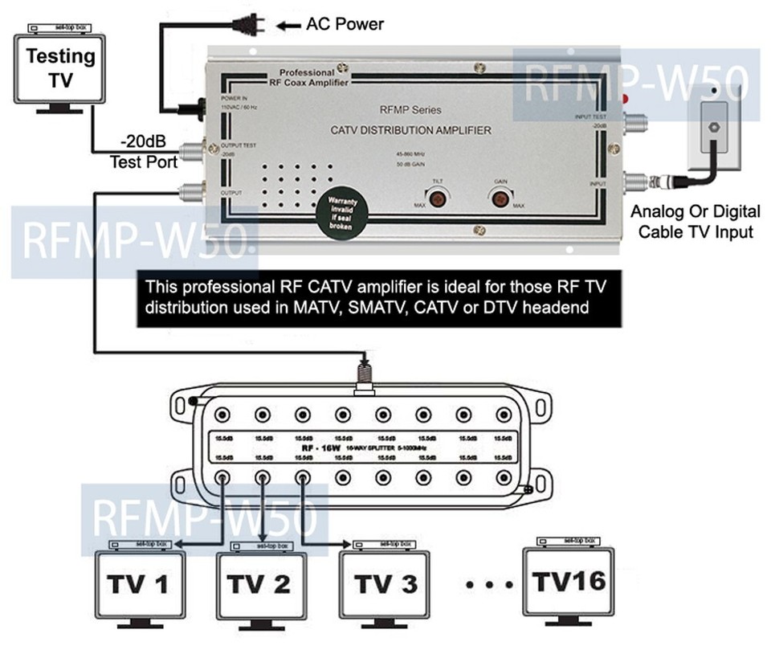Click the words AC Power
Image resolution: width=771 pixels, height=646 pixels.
click(x=345, y=24)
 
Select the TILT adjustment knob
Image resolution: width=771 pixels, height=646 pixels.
click(x=438, y=198)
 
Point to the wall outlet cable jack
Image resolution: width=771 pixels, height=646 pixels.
click(x=712, y=127)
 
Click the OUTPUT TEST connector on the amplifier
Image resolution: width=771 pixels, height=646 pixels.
click(x=190, y=150)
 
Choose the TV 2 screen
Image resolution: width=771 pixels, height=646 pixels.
click(x=259, y=585)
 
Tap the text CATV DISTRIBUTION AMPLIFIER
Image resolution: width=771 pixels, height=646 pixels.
click(x=410, y=130)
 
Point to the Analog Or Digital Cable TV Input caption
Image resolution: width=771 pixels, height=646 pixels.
click(x=696, y=222)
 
